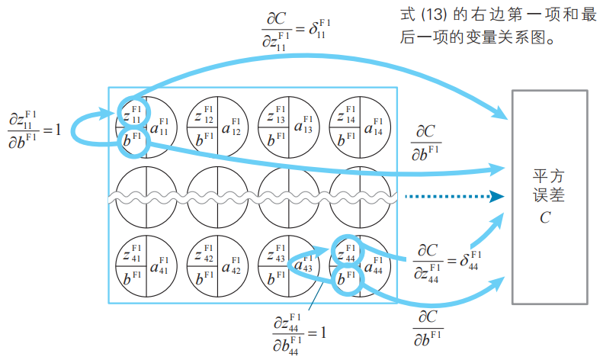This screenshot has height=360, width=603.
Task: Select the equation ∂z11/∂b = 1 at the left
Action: (34, 129)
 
